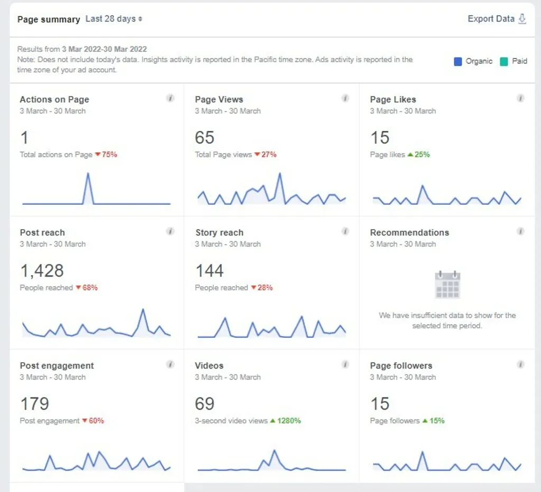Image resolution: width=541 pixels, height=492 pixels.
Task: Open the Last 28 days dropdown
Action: point(114,19)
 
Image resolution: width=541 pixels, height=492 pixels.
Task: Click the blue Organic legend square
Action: point(458,61)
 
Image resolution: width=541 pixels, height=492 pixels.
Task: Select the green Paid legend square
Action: point(504,61)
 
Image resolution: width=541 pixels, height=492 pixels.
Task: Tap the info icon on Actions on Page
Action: point(170,98)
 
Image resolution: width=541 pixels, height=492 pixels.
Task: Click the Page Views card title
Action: point(219,99)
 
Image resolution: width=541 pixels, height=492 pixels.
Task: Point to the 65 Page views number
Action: point(204,138)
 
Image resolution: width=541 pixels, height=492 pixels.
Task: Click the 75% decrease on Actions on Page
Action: point(106,155)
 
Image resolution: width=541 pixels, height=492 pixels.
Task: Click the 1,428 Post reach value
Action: point(42,271)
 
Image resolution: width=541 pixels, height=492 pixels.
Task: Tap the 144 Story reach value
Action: point(209,271)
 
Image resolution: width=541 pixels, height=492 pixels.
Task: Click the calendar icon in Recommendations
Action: point(447,285)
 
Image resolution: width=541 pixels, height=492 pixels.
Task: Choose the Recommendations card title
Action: point(409,232)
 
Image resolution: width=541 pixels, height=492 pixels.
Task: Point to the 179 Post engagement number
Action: point(34,404)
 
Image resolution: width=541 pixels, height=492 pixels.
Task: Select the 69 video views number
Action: point(204,404)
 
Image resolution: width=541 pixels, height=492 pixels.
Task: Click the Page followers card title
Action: point(401,365)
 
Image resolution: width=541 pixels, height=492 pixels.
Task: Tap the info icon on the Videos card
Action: point(345,364)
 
